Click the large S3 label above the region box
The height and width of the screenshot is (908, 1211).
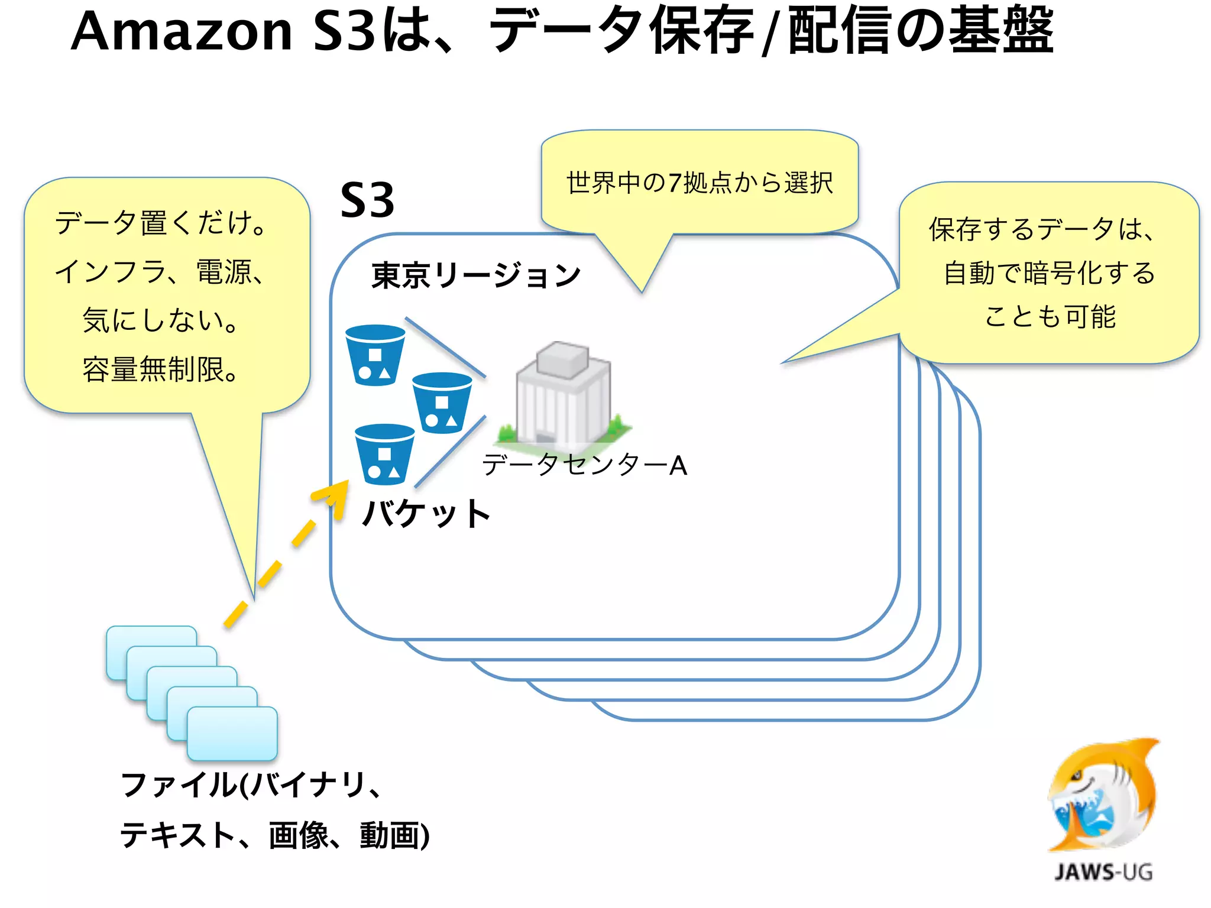tap(367, 200)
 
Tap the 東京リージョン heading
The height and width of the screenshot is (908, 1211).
tap(475, 275)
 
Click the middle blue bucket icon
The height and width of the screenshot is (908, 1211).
tap(442, 403)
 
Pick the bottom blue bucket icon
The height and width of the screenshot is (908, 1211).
tap(384, 454)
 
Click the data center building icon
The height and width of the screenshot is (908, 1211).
tap(563, 393)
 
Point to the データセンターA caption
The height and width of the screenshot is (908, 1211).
tap(584, 465)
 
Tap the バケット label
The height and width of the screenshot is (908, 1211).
tap(426, 513)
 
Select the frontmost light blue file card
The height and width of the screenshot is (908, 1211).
tap(232, 734)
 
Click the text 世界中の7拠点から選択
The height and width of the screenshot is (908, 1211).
tap(700, 183)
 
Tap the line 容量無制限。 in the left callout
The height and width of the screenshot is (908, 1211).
tap(160, 369)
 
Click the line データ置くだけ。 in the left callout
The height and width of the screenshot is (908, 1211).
tap(160, 223)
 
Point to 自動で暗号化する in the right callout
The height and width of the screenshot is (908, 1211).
tap(1049, 273)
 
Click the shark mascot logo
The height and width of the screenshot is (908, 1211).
tap(1103, 795)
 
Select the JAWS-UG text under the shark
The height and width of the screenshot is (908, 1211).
tap(1103, 872)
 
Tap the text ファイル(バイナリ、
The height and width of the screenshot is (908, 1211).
tap(251, 785)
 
